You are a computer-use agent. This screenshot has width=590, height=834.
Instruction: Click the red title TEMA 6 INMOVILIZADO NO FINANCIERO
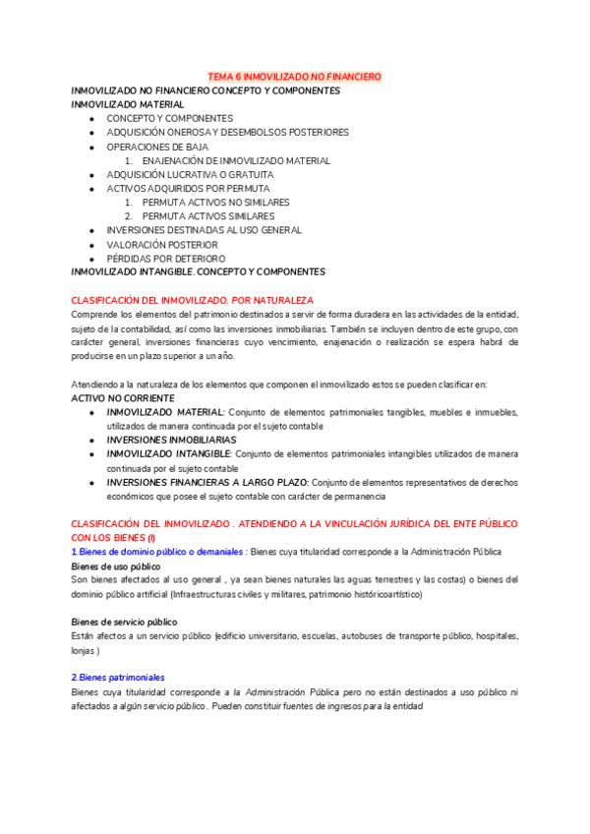click(x=295, y=76)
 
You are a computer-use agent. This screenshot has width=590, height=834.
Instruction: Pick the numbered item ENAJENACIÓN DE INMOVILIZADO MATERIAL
click(x=236, y=160)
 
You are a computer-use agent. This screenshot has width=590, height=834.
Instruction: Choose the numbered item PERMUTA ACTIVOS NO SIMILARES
click(x=214, y=203)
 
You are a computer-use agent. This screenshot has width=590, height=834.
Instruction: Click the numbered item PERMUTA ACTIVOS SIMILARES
click(x=207, y=216)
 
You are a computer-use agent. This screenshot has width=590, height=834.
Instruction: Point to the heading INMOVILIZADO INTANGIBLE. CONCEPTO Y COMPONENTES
click(x=198, y=271)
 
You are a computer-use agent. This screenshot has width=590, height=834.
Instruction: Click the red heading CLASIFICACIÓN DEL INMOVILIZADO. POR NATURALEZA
click(x=193, y=299)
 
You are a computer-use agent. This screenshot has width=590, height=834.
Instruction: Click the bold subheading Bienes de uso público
click(x=116, y=567)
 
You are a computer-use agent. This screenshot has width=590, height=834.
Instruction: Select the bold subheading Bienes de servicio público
click(x=125, y=623)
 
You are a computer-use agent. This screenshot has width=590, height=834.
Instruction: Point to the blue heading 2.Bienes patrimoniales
click(x=118, y=678)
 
